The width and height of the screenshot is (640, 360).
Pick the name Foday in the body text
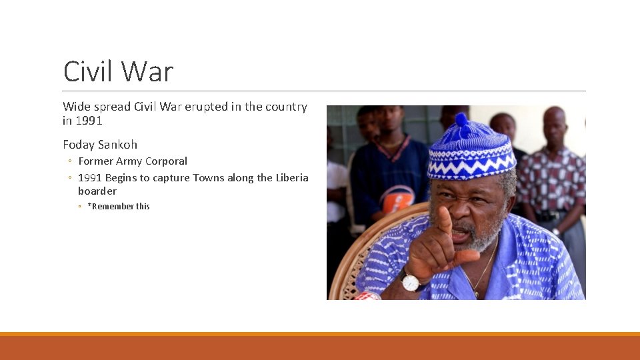click(x=79, y=145)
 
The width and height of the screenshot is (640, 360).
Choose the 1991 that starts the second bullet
click(x=90, y=178)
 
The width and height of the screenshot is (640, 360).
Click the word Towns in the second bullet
click(x=209, y=178)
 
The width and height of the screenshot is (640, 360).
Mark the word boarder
click(x=97, y=191)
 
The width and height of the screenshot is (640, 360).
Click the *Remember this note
click(x=119, y=207)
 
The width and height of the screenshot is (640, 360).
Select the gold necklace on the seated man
click(x=485, y=270)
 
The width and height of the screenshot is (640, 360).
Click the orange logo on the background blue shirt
click(x=398, y=198)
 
